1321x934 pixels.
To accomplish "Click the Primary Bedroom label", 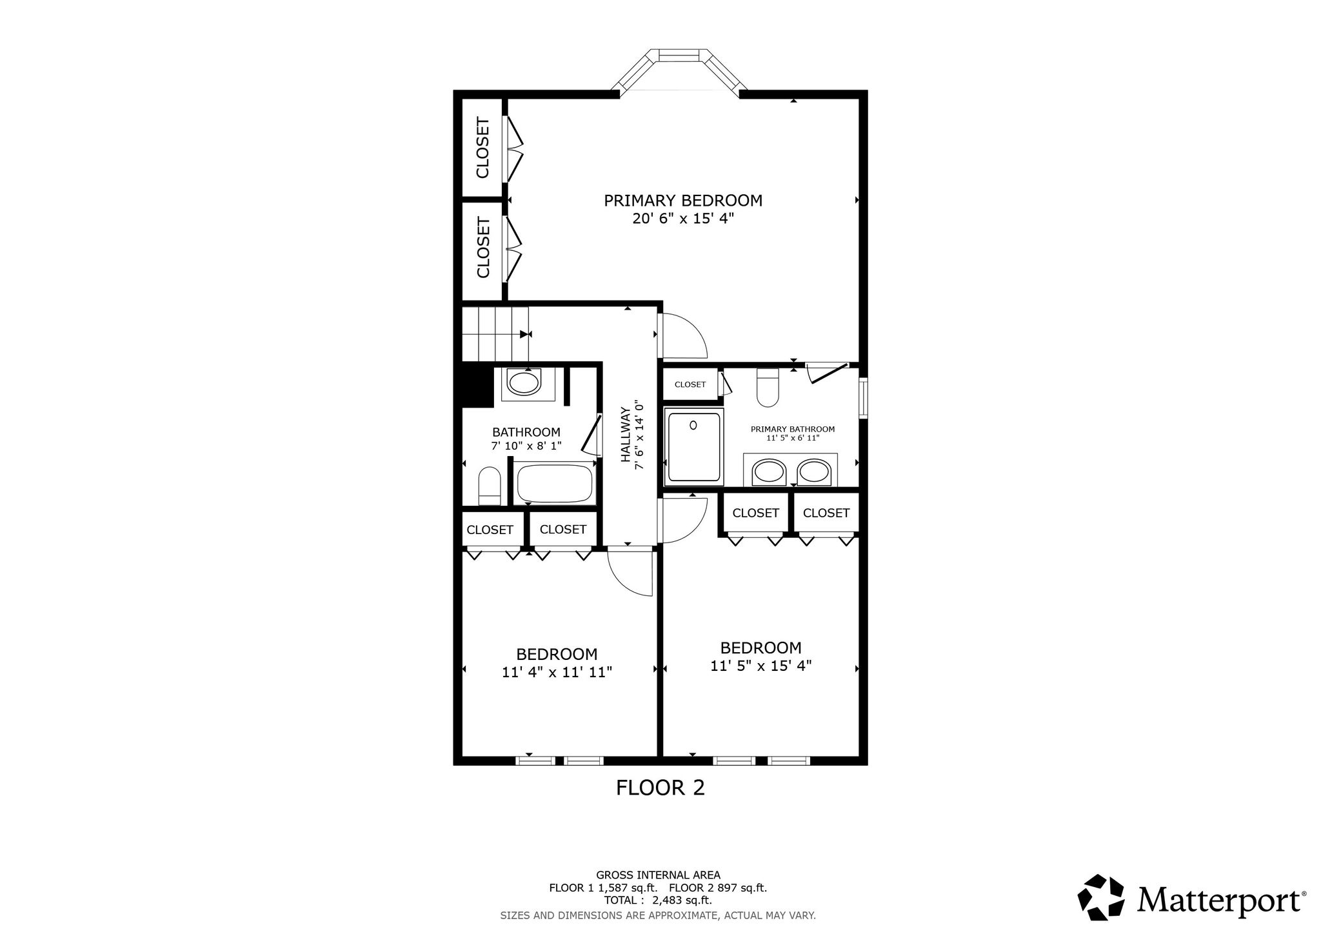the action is pos(683,201).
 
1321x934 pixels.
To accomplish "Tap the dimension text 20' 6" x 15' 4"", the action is pos(683,219).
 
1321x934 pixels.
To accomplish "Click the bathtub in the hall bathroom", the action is pos(555,483).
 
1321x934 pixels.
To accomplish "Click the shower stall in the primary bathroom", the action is pos(694,447).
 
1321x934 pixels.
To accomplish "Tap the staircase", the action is pos(495,334).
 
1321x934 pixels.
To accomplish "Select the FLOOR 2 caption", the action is pos(660,788).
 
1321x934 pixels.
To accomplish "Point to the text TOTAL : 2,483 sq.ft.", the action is pos(658,900).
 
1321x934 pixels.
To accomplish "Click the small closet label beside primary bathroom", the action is pos(690,384).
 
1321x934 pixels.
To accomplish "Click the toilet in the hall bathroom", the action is pos(490,486).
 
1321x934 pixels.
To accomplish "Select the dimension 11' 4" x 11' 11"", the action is pos(557,672).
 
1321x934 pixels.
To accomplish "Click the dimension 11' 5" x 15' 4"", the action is pos(761,666).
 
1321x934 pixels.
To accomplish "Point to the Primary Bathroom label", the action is pos(793,429).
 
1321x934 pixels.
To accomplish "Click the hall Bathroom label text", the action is pos(526,432).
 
